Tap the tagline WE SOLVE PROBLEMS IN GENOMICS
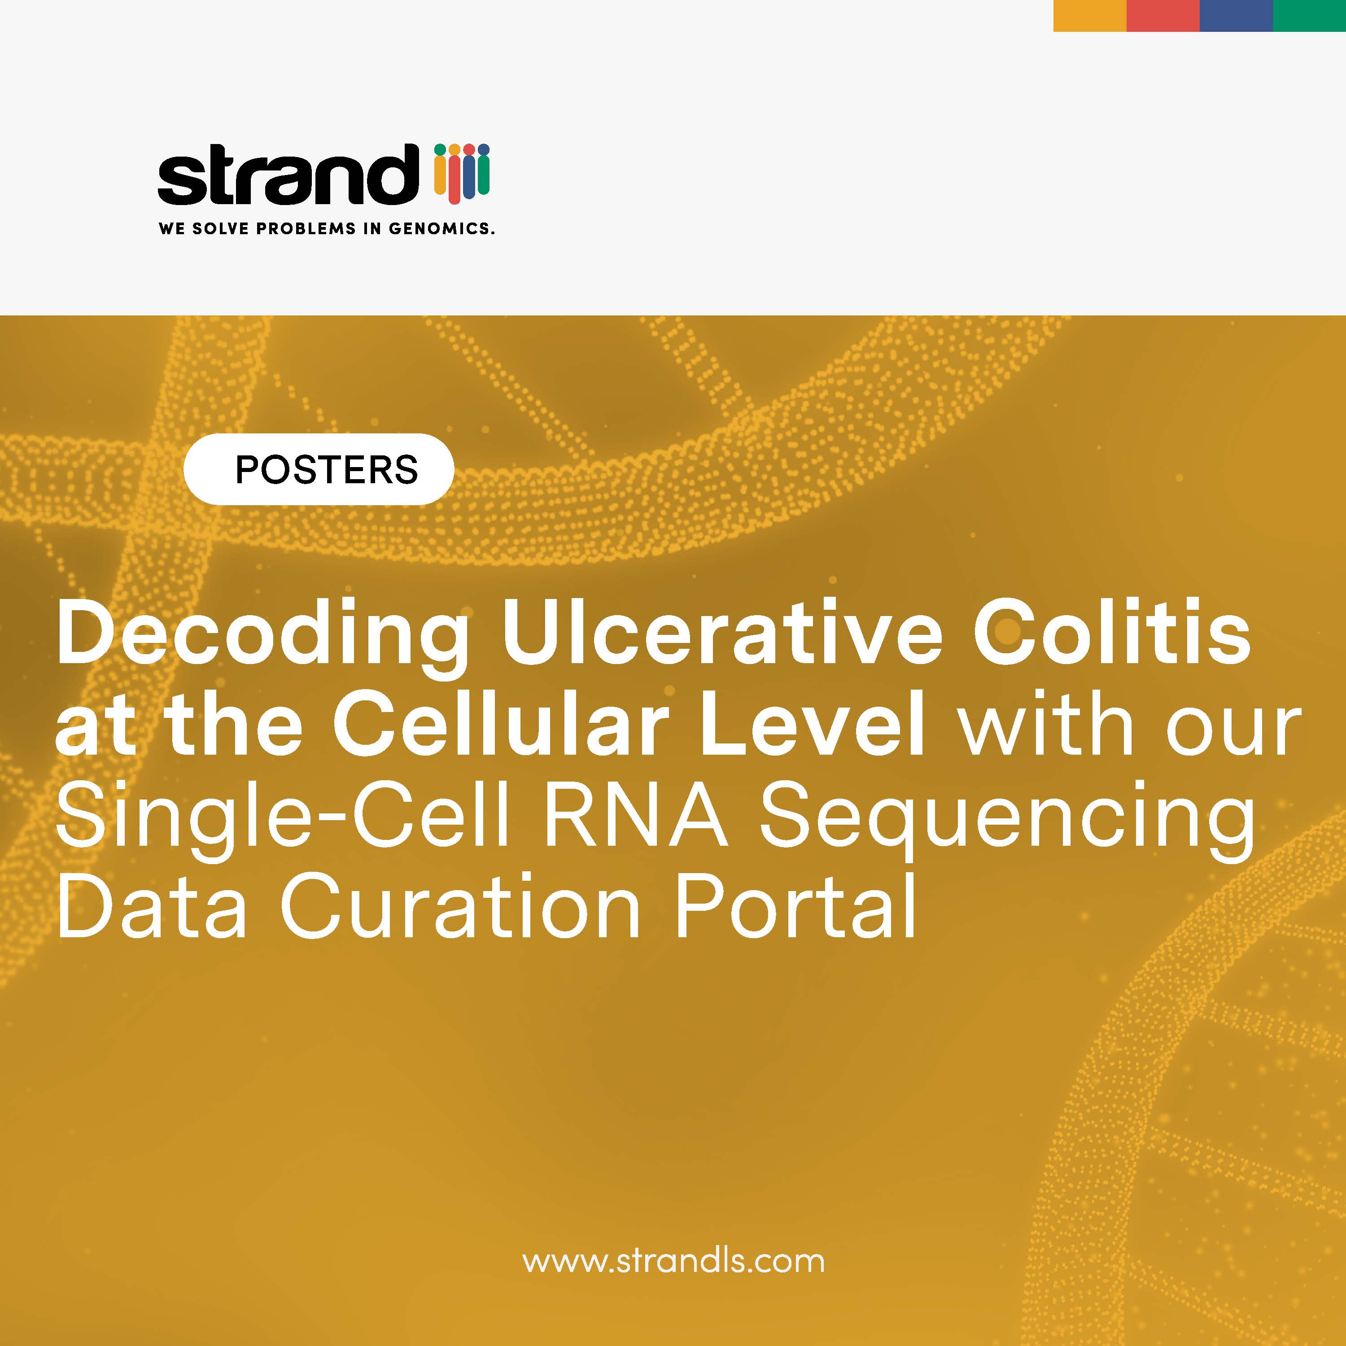(x=327, y=228)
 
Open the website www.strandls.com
(x=674, y=1262)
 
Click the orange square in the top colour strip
(x=1090, y=15)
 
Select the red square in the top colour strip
(x=1163, y=15)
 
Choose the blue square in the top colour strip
(x=1236, y=15)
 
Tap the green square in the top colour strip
(x=1309, y=15)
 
